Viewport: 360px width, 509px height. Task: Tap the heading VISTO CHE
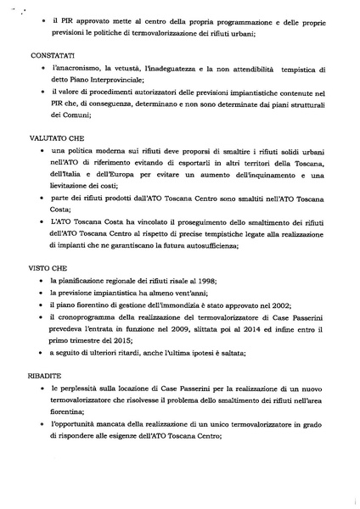pyautogui.click(x=45, y=265)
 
